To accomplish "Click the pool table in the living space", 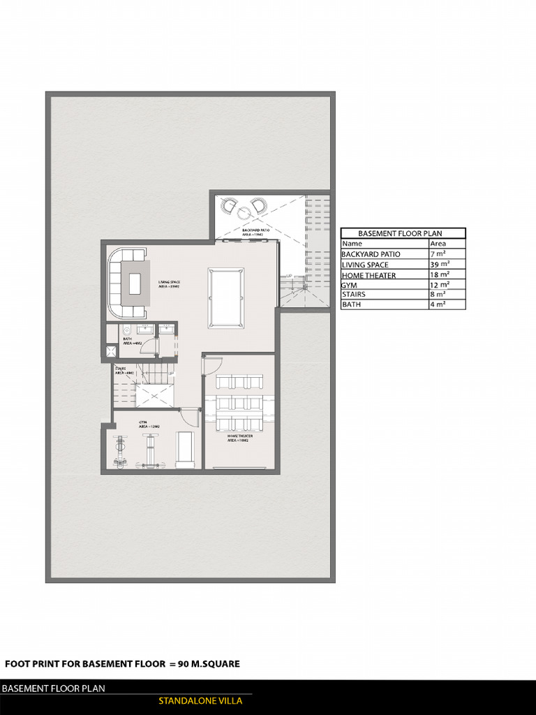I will [226, 297].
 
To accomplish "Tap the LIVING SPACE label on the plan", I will [170, 284].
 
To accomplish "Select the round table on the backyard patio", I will [244, 213].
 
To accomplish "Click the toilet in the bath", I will [127, 330].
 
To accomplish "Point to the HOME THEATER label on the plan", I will [239, 438].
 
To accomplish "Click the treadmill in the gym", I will [184, 449].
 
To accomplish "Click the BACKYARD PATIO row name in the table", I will [371, 254].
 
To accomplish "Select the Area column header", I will [438, 244].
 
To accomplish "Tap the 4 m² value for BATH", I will [438, 304].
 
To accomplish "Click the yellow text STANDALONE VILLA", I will [200, 701].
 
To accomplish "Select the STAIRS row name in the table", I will [353, 295].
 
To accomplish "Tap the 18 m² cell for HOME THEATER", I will [440, 274].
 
